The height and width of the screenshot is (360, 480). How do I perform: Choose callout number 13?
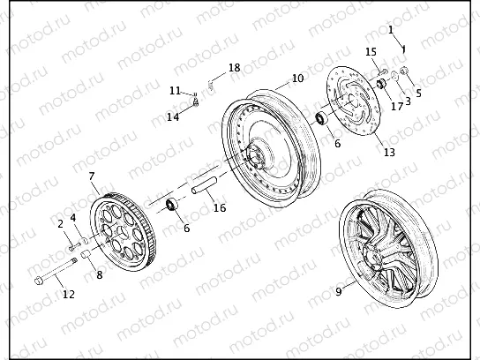pos(389,152)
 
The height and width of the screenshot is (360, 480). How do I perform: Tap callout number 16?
pos(220,208)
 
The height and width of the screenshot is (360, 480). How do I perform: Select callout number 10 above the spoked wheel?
pos(297,79)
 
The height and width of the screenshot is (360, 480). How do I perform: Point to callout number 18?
pos(234,68)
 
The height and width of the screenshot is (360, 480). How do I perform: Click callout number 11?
pos(175,91)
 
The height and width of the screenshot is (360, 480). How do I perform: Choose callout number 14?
pos(173,116)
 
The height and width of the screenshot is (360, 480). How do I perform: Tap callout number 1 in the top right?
pos(390,30)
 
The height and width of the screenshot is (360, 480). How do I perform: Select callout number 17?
pos(397,107)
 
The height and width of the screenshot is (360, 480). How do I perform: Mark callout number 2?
pos(61,224)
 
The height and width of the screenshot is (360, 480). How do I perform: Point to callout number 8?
pos(99,275)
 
